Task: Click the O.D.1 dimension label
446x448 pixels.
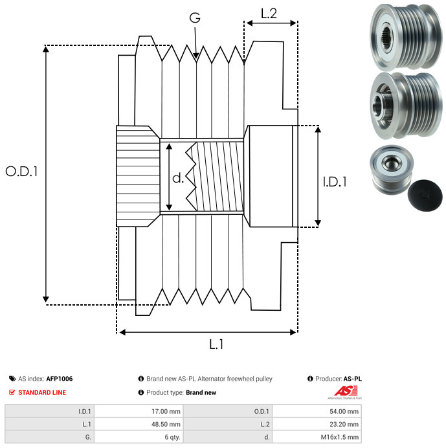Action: pos(22,172)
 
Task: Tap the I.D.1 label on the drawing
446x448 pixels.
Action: pos(335,182)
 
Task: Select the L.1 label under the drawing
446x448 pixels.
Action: pos(216,345)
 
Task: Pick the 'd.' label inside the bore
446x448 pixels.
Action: pos(178,177)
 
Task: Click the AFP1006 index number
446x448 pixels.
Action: pos(60,379)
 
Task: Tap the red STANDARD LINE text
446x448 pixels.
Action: pos(42,392)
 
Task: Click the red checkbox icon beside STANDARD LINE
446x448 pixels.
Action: pos(12,392)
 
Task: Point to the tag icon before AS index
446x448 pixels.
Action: pos(12,379)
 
